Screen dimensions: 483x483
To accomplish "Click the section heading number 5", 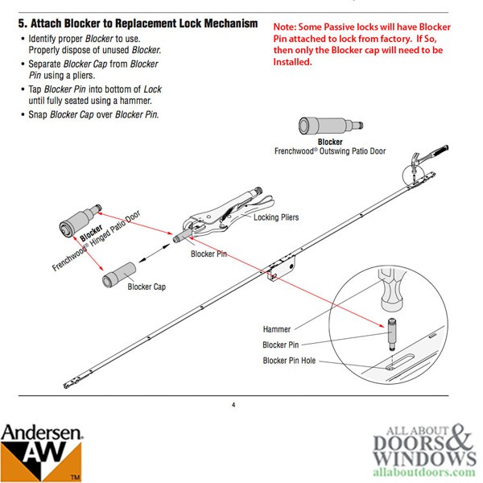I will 22,24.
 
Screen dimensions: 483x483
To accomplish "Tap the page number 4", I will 233,404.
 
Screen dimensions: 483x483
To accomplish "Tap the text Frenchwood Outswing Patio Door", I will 329,151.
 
